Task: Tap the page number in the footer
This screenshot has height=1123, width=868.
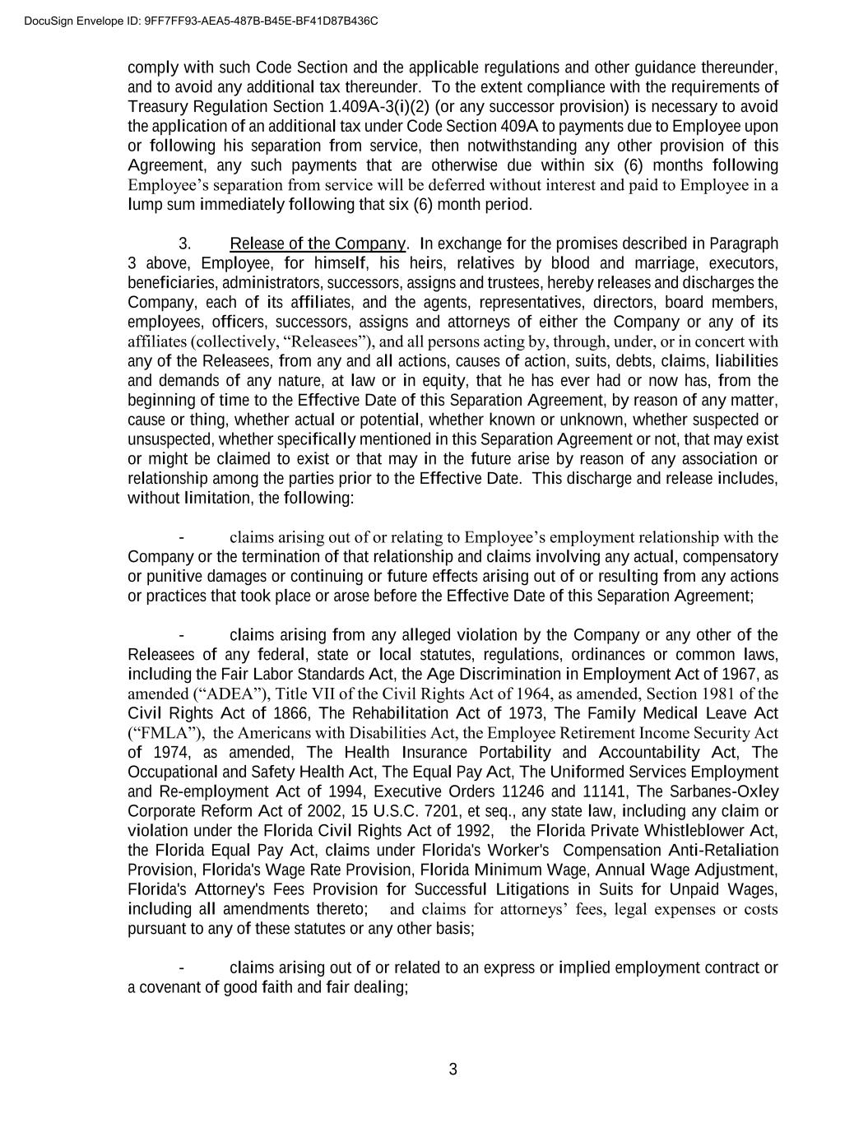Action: click(x=453, y=1070)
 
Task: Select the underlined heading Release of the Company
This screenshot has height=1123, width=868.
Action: click(x=318, y=244)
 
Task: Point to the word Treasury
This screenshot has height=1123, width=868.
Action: click(x=156, y=107)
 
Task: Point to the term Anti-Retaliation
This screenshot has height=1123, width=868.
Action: click(x=723, y=851)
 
